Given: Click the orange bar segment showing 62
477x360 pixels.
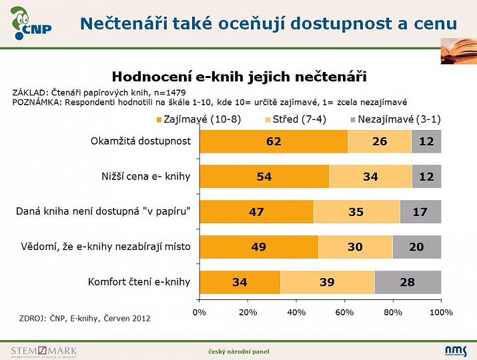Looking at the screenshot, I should tap(274, 141).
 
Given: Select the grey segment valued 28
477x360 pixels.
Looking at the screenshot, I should tap(408, 282).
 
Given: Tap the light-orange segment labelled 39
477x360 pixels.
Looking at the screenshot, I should tap(327, 282).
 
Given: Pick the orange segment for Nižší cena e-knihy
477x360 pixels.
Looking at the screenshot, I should tap(264, 177).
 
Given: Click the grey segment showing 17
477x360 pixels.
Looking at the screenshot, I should tap(420, 212).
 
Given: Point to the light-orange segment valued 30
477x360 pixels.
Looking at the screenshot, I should tap(355, 247).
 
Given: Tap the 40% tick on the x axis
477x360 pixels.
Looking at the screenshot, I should tap(296, 312).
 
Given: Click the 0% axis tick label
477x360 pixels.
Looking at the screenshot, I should tap(199, 312).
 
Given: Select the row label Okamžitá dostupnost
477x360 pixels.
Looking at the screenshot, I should tap(141, 141).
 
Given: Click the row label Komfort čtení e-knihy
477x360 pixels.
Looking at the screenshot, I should tap(139, 282).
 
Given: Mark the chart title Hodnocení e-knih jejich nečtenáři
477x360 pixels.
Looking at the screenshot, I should tap(239, 77).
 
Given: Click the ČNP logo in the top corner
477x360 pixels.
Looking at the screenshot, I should tap(29, 23).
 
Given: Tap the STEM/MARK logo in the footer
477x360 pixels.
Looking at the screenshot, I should tap(44, 351).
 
